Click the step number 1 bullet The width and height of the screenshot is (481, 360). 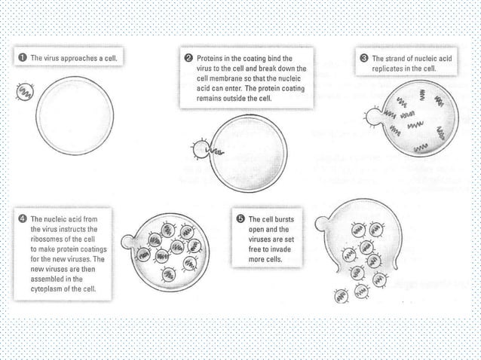[x=23, y=57]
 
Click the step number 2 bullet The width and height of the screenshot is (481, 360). [x=188, y=57]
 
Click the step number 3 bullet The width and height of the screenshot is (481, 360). [x=365, y=57]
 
